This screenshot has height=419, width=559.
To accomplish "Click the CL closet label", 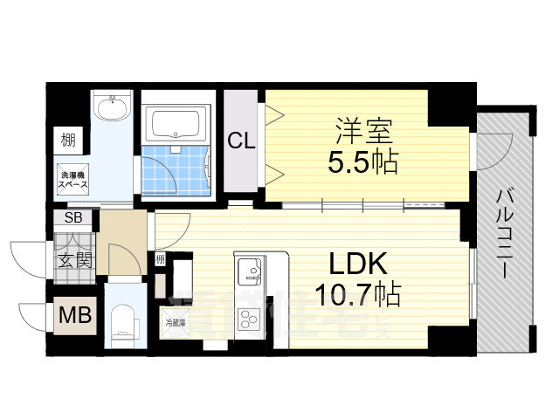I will tap(242, 140).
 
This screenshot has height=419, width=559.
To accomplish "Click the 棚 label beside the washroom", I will tap(67, 138).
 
